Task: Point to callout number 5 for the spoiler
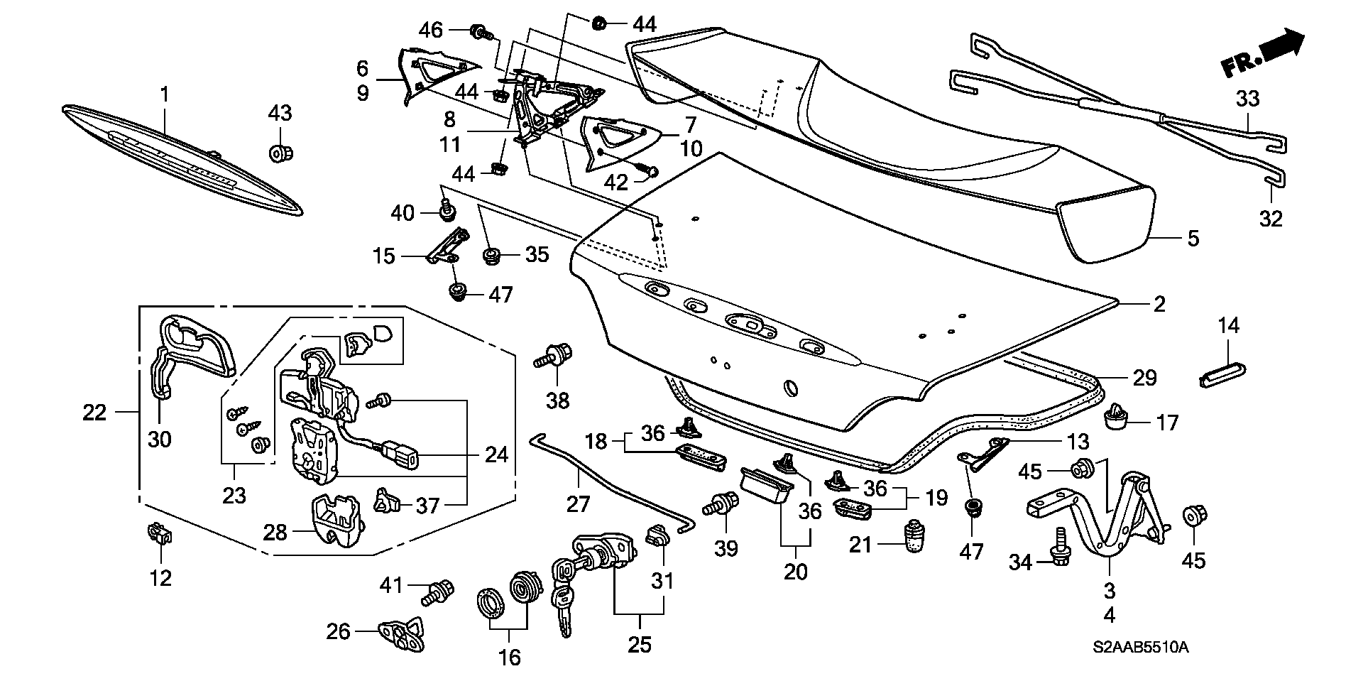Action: (1193, 238)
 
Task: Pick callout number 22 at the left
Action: (94, 412)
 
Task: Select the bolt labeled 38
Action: (555, 354)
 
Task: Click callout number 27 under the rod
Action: (578, 504)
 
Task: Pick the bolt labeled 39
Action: (723, 506)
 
